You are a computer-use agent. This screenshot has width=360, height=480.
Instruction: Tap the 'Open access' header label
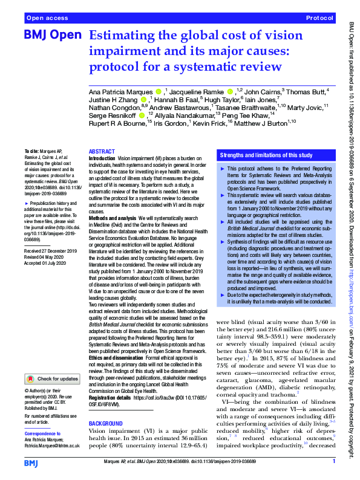(x=47, y=19)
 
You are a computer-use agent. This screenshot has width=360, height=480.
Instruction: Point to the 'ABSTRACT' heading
(x=100, y=152)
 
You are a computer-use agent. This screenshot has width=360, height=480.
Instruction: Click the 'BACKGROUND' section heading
(x=105, y=406)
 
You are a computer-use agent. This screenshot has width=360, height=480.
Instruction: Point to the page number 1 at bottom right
(x=334, y=462)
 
